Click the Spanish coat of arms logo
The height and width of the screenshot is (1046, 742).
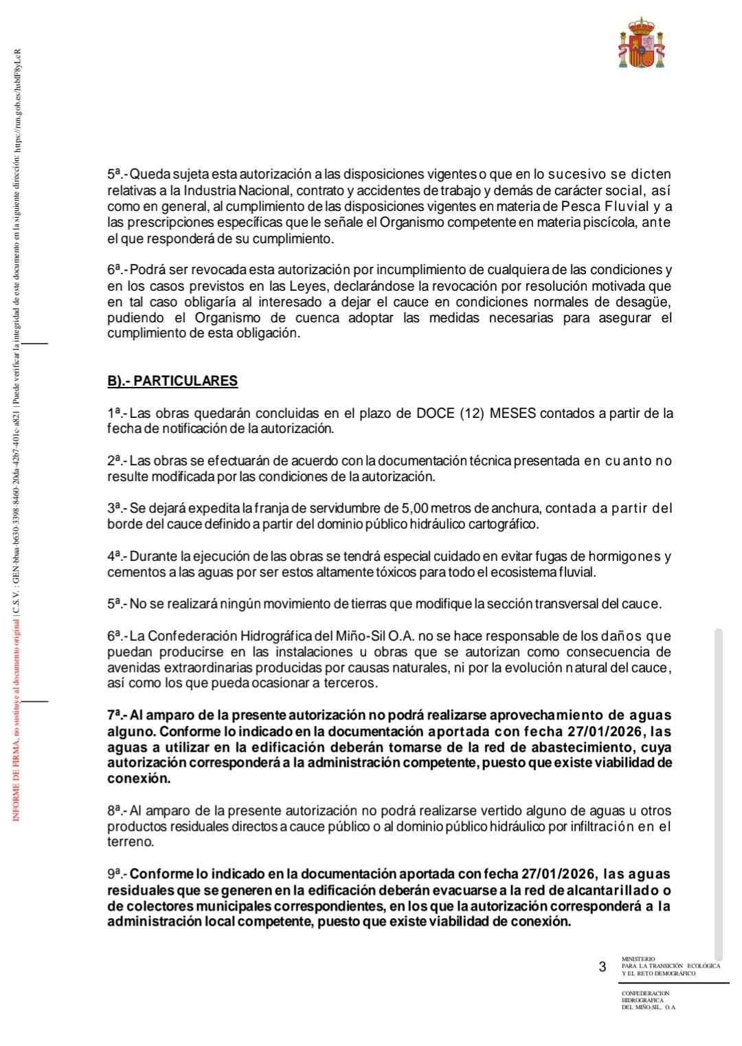tap(642, 43)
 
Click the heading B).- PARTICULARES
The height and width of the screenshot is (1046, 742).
tap(172, 381)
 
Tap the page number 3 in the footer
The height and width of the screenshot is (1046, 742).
tap(603, 967)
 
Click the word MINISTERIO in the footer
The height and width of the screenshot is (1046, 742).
tap(638, 959)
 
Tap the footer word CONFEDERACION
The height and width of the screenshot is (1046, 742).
tap(645, 993)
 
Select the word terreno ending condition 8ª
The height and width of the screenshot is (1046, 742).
tap(129, 842)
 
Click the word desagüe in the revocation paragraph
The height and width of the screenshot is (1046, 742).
tap(644, 302)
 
